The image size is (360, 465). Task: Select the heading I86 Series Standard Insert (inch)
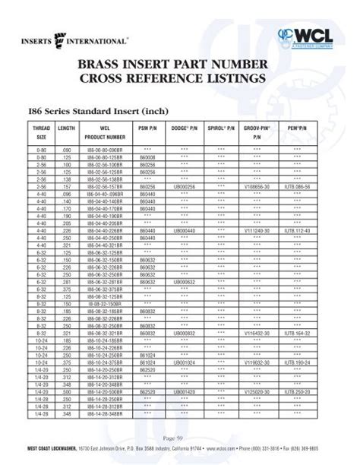tap(96, 109)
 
